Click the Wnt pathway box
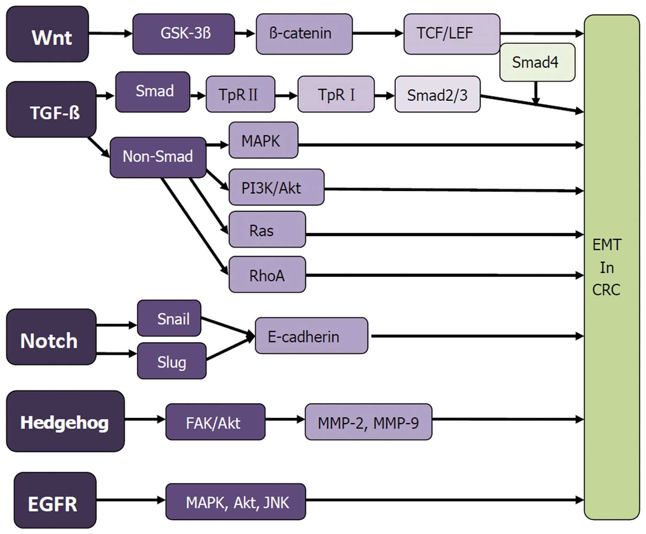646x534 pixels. [47, 34]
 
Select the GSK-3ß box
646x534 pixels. [184, 34]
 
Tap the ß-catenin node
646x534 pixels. [304, 34]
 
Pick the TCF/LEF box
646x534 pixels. [451, 34]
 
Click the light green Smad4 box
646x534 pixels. [537, 63]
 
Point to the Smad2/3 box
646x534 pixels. [437, 94]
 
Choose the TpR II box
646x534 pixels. [240, 94]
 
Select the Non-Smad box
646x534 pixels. [157, 157]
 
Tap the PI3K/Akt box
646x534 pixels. [276, 187]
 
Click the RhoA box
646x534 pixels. [267, 275]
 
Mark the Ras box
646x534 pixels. [267, 230]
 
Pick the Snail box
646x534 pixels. [169, 318]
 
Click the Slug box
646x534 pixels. [172, 361]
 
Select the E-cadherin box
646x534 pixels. [311, 336]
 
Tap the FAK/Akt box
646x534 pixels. [215, 422]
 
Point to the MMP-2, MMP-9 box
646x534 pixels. [368, 422]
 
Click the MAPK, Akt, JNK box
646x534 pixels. [235, 502]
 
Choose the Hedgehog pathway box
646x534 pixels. [65, 421]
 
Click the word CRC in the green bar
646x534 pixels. [606, 290]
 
